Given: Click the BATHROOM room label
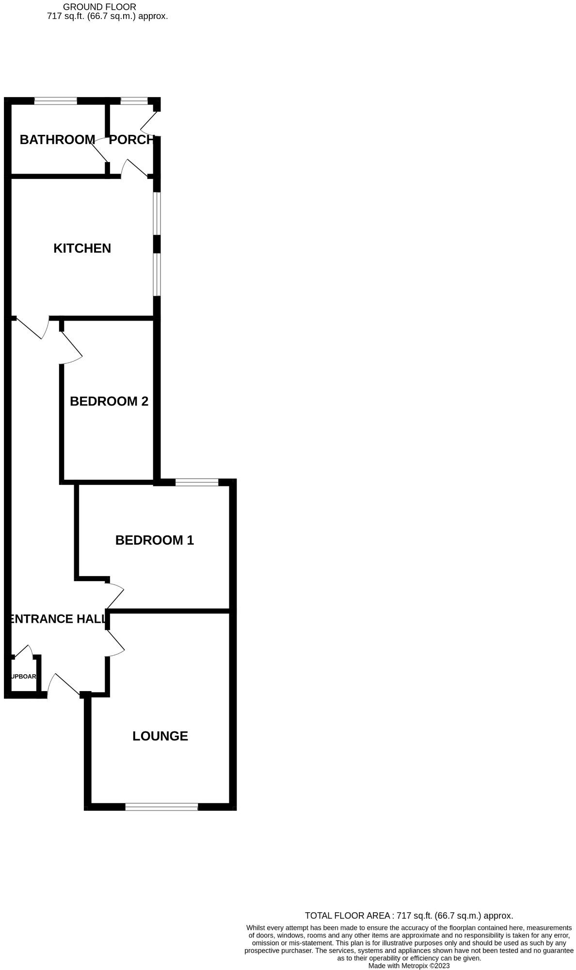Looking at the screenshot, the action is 57,140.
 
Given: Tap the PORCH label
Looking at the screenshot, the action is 131,140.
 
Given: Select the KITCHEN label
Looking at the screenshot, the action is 82,248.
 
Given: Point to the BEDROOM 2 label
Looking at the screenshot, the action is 109,401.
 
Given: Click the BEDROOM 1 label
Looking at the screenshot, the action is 155,540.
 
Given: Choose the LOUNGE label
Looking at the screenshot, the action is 160,736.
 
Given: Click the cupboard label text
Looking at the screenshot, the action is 24,677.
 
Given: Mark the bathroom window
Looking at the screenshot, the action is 56,101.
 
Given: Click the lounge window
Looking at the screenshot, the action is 161,807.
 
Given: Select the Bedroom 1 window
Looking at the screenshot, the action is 197,482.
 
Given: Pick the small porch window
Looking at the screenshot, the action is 134,101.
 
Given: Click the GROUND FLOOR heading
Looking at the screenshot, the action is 99,7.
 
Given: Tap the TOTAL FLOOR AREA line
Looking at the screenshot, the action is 409,916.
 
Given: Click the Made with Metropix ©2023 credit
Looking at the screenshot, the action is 409,966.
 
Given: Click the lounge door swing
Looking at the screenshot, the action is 115,643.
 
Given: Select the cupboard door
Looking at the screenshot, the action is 22,651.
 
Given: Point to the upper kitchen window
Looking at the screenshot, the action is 157,214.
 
